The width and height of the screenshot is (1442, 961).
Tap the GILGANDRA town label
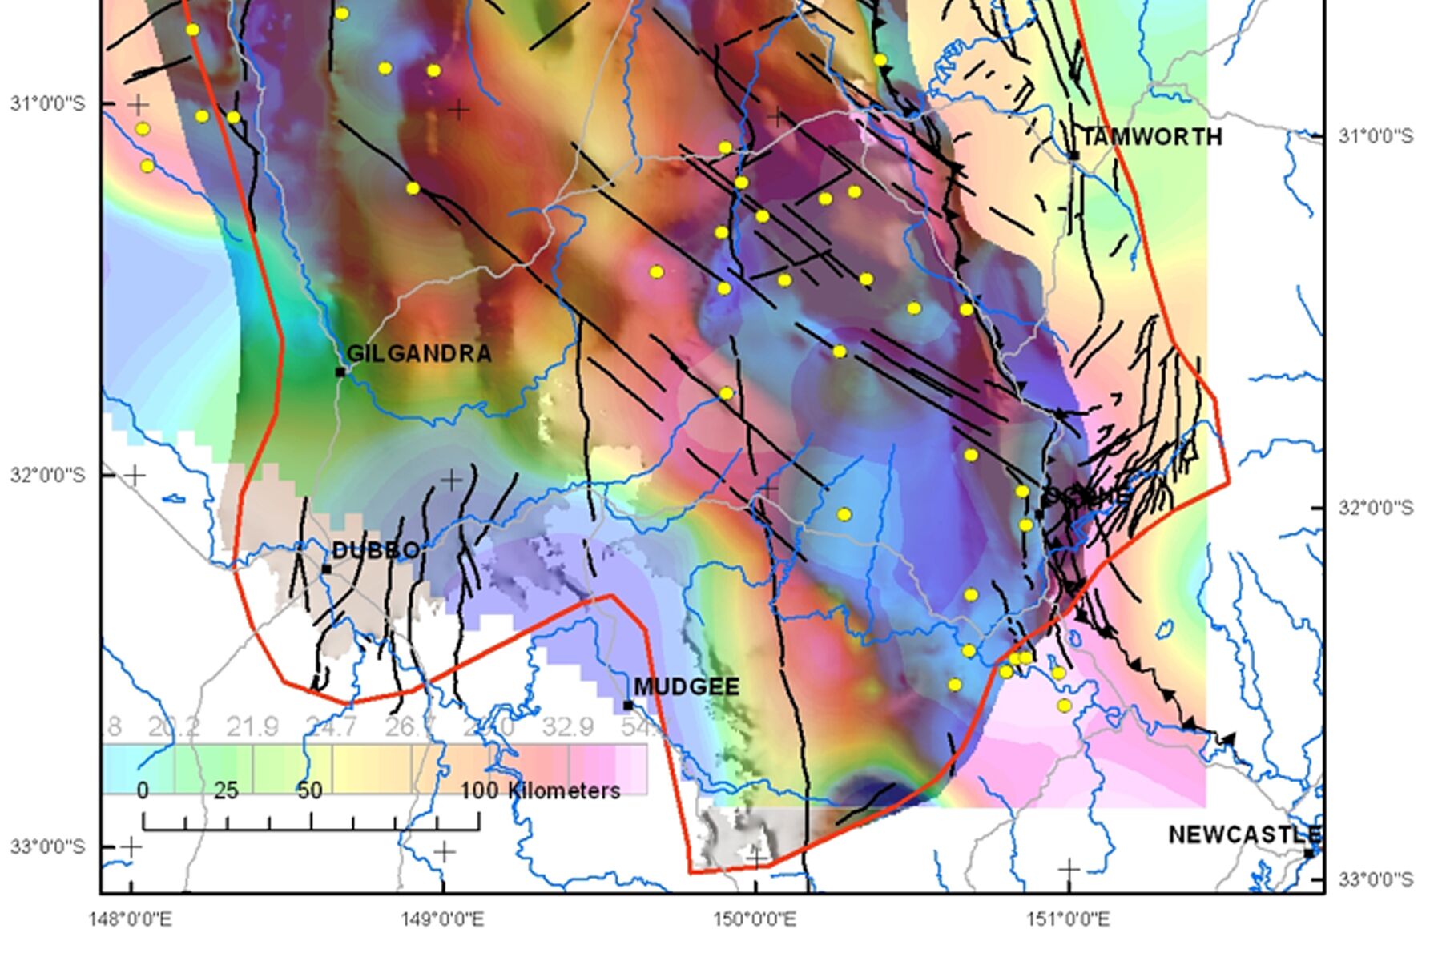(419, 353)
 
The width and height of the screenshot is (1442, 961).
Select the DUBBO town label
(375, 550)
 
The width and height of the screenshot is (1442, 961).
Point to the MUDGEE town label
(687, 686)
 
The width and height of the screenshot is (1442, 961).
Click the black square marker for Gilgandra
(340, 372)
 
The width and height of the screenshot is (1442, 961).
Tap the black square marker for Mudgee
(628, 706)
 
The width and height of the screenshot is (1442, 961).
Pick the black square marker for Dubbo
(326, 569)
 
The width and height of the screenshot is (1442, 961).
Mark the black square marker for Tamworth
(1074, 155)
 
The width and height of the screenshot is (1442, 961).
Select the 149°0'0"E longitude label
(442, 919)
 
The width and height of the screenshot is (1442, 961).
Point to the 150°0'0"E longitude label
(755, 919)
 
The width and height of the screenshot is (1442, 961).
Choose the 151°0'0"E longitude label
(1068, 919)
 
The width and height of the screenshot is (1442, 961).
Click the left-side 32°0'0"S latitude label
(46, 475)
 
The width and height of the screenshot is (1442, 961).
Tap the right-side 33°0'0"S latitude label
(1376, 879)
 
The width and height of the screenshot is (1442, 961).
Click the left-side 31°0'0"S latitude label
(46, 103)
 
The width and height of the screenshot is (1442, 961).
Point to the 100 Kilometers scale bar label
(540, 791)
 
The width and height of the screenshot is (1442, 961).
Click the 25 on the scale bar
(226, 791)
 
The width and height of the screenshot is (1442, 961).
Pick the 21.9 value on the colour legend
(252, 726)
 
